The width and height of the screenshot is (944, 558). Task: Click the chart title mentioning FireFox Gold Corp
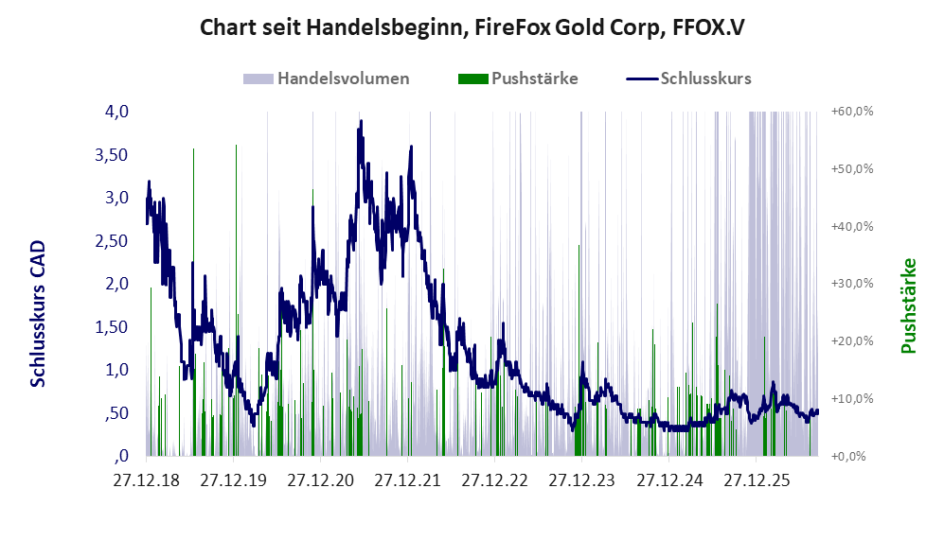pos(472,27)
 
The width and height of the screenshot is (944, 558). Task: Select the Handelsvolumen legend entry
pos(327,78)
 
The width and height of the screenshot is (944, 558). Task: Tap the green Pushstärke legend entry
pos(518,78)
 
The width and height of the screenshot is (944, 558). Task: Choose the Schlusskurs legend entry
pos(688,78)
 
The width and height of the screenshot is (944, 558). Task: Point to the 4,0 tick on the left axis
pos(116,112)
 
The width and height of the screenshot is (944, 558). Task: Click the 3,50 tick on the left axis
pos(112,154)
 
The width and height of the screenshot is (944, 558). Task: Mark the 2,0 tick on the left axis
pos(116,283)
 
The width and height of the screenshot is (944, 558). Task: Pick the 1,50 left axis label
pos(112,326)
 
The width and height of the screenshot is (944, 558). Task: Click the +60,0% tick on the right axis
pos(852,112)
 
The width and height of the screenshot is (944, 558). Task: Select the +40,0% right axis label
pos(852,226)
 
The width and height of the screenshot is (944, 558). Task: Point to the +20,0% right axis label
pos(852,340)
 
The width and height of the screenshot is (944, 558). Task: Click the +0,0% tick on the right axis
pos(849,456)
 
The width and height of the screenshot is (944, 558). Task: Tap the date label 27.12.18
pos(147,481)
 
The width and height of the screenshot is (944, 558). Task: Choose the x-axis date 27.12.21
pos(407,481)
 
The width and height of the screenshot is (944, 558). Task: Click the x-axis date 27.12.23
pos(582,481)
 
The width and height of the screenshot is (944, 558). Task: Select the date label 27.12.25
pos(757,481)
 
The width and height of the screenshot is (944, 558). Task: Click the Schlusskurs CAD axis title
pos(38,313)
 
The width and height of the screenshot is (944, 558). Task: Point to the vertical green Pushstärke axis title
pos(908,306)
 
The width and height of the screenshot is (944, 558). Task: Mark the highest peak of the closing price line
pos(362,121)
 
